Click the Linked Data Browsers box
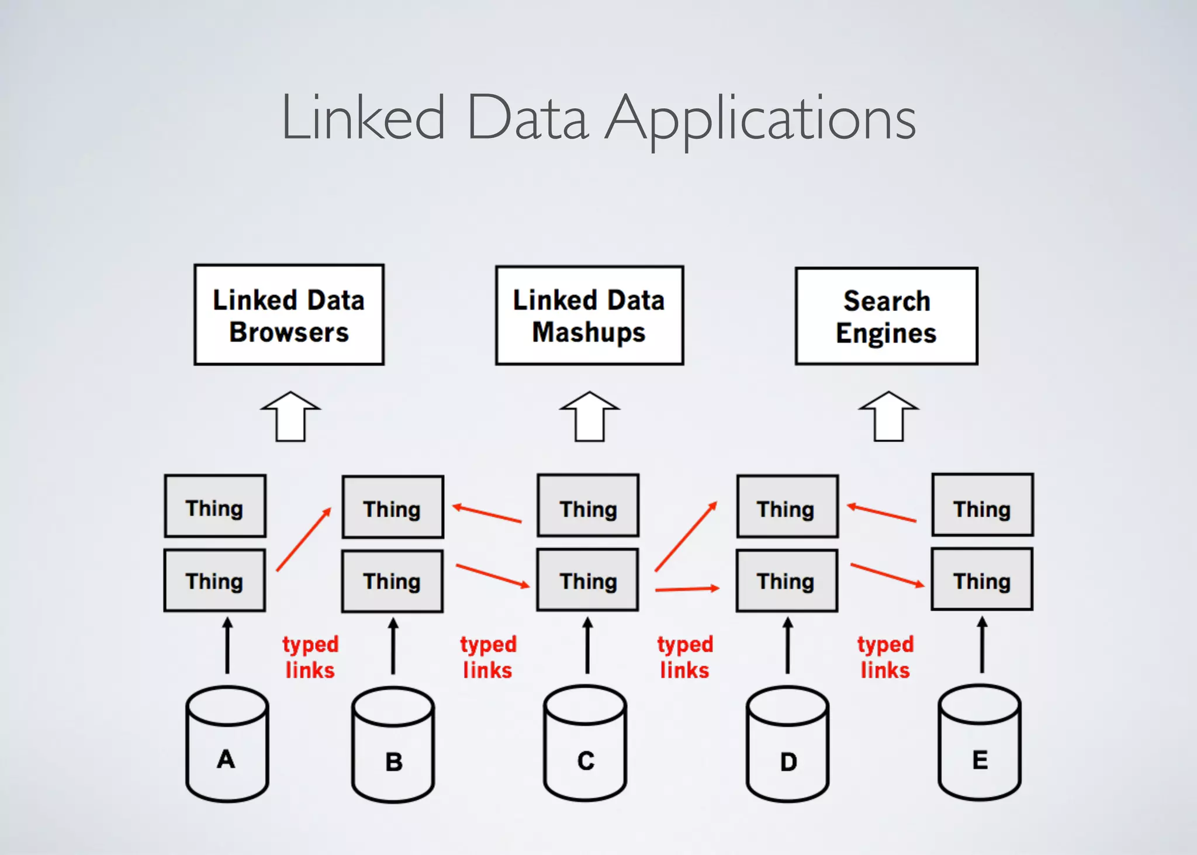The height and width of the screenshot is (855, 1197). pos(289,315)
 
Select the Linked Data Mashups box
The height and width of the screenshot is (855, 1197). pos(589,316)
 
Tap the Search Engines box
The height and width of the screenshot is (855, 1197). pos(886,316)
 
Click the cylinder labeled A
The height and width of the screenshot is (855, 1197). pos(227,745)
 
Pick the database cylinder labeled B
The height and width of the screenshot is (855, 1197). pos(393,746)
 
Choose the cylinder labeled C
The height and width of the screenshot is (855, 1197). pos(585,745)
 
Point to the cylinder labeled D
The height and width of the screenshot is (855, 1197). pos(787,746)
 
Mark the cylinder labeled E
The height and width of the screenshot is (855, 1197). pos(980,745)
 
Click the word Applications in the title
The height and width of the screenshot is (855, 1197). pos(760,120)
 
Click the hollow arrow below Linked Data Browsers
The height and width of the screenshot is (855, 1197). pos(290,417)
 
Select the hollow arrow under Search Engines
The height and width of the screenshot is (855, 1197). pos(888,417)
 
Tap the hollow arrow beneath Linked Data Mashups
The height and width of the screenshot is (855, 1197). pos(589,417)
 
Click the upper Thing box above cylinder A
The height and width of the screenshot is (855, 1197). pos(215,506)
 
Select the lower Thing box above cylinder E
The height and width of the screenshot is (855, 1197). pos(982,579)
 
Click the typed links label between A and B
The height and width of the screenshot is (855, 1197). pos(310,657)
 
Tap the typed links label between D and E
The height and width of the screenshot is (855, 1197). pos(885,657)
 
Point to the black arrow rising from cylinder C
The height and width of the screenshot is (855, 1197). pos(587,646)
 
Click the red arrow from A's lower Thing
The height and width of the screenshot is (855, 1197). pos(303,539)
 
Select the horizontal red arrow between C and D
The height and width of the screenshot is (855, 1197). pos(687,589)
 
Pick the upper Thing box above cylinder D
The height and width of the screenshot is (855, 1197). pos(787,507)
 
